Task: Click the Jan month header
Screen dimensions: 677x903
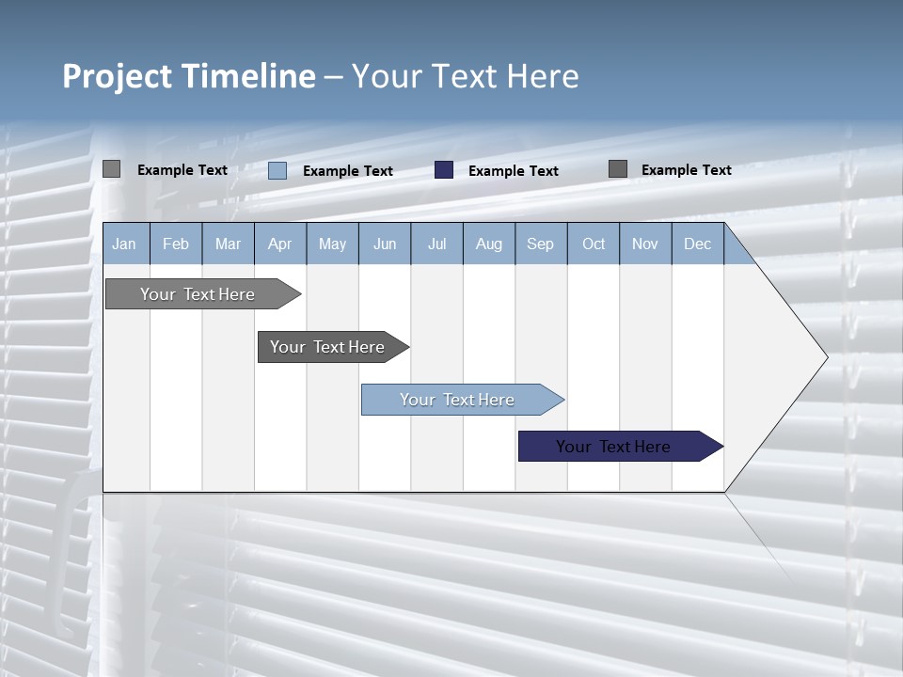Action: coord(124,244)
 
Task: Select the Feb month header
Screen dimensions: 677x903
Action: coord(176,244)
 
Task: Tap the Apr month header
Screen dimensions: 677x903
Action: coord(279,244)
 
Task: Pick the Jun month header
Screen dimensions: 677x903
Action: coord(385,244)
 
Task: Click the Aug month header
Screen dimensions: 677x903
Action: coord(488,244)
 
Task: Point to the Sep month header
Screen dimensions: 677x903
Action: coord(540,244)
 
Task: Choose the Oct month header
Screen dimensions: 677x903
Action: coord(594,244)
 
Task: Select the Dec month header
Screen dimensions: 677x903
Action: coord(697,244)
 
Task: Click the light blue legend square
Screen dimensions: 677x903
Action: coord(277,170)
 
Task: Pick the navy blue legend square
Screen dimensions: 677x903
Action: coord(444,170)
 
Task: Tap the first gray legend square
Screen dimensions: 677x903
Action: coord(112,169)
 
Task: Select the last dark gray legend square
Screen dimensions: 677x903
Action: coord(618,169)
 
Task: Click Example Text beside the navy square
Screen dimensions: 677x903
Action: coord(514,171)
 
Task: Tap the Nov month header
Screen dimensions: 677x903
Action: coord(645,244)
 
